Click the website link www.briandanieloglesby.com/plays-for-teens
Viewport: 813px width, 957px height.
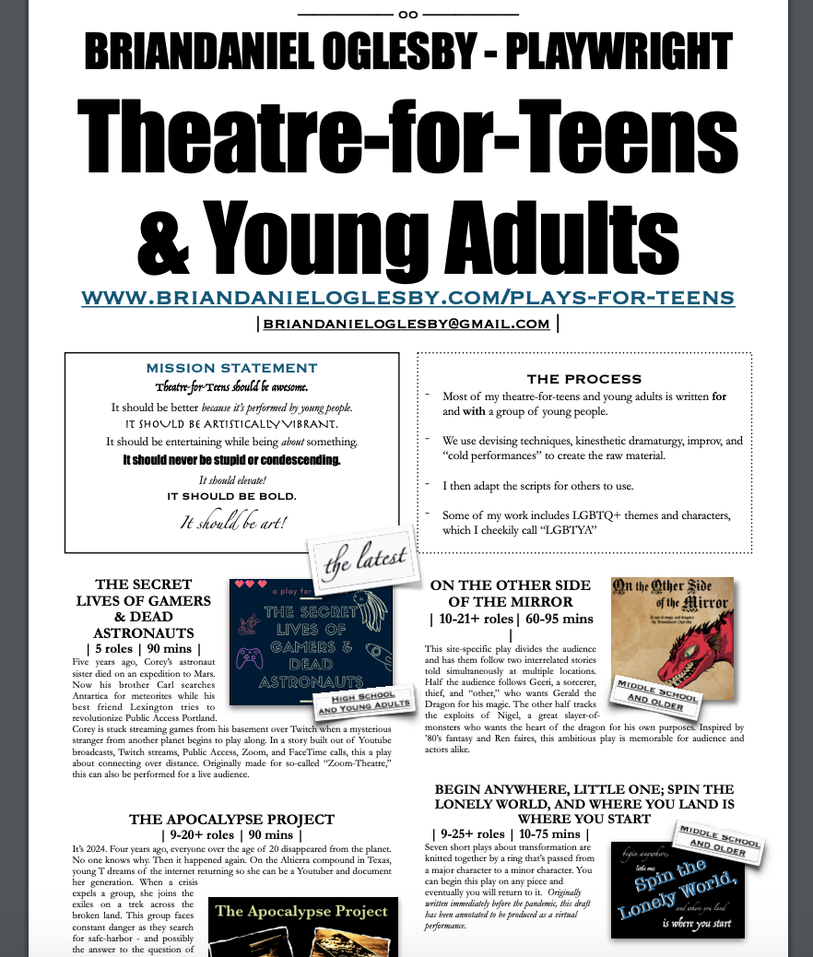coord(407,297)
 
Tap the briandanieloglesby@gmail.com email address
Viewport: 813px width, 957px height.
coord(406,324)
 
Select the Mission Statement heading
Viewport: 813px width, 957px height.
coord(231,368)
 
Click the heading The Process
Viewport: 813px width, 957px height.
coord(583,379)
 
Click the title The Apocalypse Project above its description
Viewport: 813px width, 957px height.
coord(231,819)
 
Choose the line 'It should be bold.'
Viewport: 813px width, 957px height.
coord(231,496)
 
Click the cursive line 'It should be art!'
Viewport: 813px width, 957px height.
coord(232,523)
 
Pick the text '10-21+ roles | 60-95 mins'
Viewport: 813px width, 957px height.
coord(512,619)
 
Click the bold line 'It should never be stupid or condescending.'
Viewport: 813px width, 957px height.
coord(231,459)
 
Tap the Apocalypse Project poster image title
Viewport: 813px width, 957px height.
coord(301,912)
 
